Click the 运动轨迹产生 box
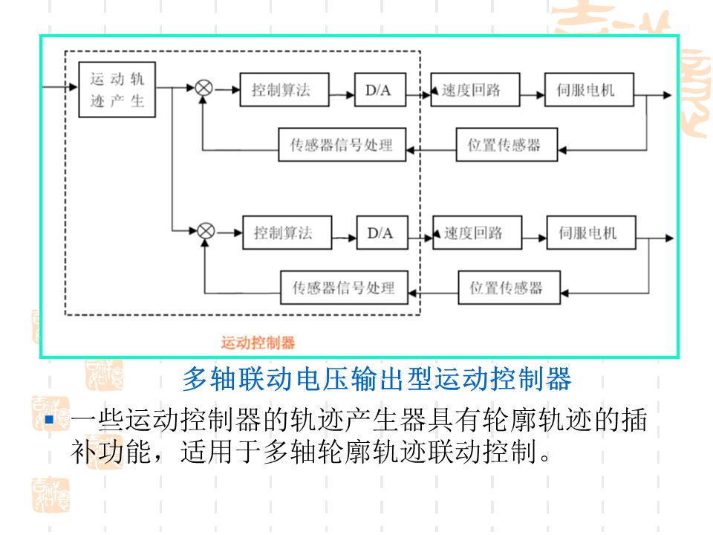[117, 89]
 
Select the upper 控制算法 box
[279, 91]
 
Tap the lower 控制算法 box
[282, 233]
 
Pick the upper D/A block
[378, 91]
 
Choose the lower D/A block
[380, 233]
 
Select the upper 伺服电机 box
[586, 91]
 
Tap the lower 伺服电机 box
[588, 233]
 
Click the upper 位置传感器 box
[504, 145]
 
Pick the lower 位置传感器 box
[506, 288]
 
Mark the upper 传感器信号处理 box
[341, 145]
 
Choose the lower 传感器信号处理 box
[344, 288]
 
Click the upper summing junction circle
[204, 88]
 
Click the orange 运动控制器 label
[258, 343]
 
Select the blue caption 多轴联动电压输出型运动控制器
[377, 380]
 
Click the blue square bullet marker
[51, 422]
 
